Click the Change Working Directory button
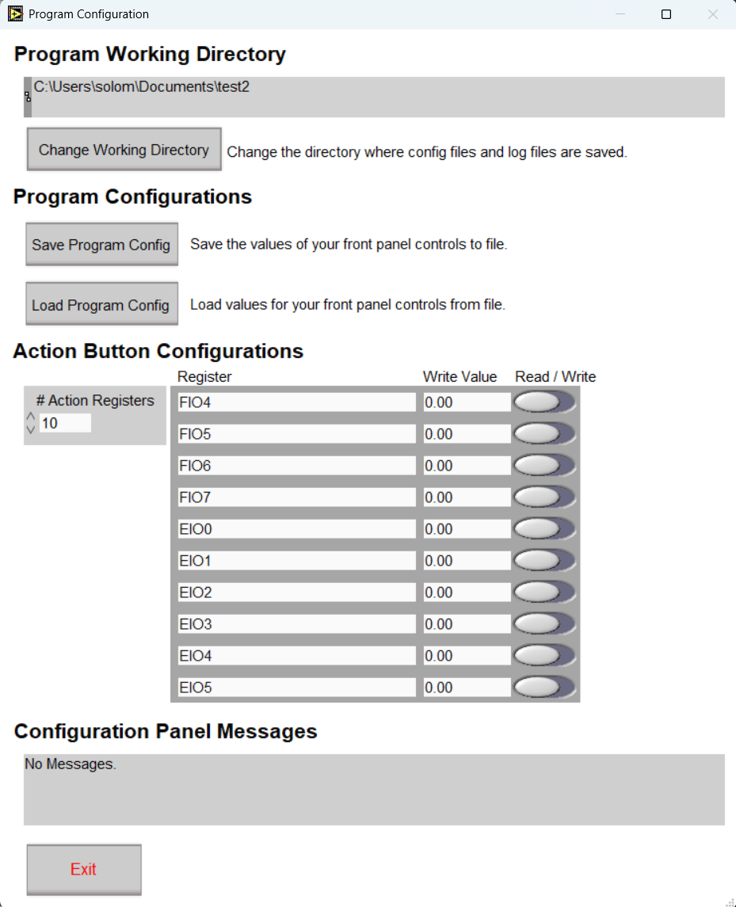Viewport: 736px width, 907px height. tap(124, 150)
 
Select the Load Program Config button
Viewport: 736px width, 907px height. tap(101, 305)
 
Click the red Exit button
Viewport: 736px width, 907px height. tap(84, 869)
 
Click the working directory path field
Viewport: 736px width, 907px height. tap(377, 97)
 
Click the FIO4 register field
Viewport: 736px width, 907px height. tap(296, 402)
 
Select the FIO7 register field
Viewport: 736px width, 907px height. tap(296, 497)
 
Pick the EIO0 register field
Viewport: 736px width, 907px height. tap(296, 529)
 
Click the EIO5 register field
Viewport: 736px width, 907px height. tap(296, 688)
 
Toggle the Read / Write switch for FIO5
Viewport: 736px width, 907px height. tap(545, 434)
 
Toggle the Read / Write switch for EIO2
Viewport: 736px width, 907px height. tap(545, 593)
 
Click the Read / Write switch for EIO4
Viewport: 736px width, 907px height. tap(545, 656)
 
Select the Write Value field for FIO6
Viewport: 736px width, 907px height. tap(466, 466)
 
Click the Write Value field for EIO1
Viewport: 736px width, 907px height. tap(466, 561)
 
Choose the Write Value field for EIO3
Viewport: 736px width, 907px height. tap(466, 624)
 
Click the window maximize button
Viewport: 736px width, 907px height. tap(666, 14)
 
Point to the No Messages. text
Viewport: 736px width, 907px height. tap(71, 764)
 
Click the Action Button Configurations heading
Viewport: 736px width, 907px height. tap(158, 351)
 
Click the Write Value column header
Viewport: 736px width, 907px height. tap(460, 376)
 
